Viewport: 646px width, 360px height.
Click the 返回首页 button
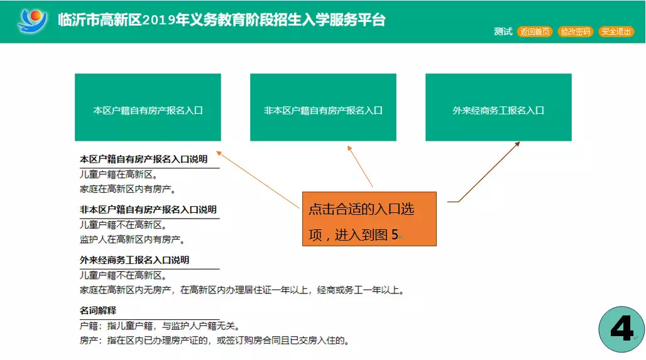tap(534, 31)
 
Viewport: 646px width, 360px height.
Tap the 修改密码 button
tap(575, 31)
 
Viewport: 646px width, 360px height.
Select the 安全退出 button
tap(616, 31)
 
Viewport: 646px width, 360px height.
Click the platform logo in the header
tap(32, 20)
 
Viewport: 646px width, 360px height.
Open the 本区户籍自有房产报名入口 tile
tap(148, 107)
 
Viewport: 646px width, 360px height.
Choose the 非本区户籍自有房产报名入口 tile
tap(323, 107)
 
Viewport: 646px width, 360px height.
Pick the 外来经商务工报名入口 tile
tap(498, 107)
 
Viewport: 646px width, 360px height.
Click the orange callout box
tap(369, 219)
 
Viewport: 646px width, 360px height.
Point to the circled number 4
tap(621, 329)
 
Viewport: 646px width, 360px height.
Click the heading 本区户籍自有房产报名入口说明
tap(143, 160)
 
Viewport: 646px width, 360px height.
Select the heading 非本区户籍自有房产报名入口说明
tap(148, 210)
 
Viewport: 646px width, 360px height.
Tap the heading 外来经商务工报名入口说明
tap(134, 260)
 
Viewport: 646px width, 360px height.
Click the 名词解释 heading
tap(98, 310)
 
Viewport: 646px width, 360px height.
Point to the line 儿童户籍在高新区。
tap(119, 175)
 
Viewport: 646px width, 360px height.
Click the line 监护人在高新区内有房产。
tap(132, 239)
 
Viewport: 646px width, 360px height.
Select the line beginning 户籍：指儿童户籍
tap(160, 326)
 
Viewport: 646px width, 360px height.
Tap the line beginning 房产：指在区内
tap(215, 341)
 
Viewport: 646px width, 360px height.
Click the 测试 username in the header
tap(503, 31)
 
